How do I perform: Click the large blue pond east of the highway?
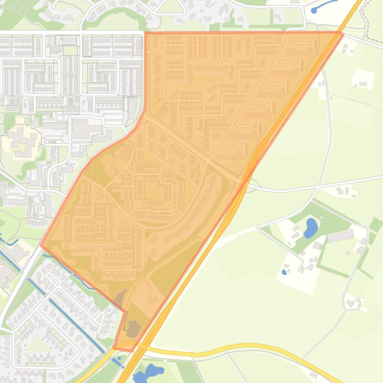pos(310,228)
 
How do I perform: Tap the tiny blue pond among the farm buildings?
pos(284,272)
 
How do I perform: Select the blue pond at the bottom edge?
pos(148,372)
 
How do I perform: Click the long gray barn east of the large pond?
pos(340,236)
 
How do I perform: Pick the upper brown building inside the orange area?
pos(120,298)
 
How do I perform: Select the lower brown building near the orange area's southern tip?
pos(133,328)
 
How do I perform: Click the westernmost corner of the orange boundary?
pos(41,245)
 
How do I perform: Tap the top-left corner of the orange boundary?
pos(145,33)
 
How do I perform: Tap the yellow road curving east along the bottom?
pos(249,346)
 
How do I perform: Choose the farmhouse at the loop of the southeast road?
pos(353,302)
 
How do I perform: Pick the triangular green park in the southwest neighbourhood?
pos(38,344)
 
